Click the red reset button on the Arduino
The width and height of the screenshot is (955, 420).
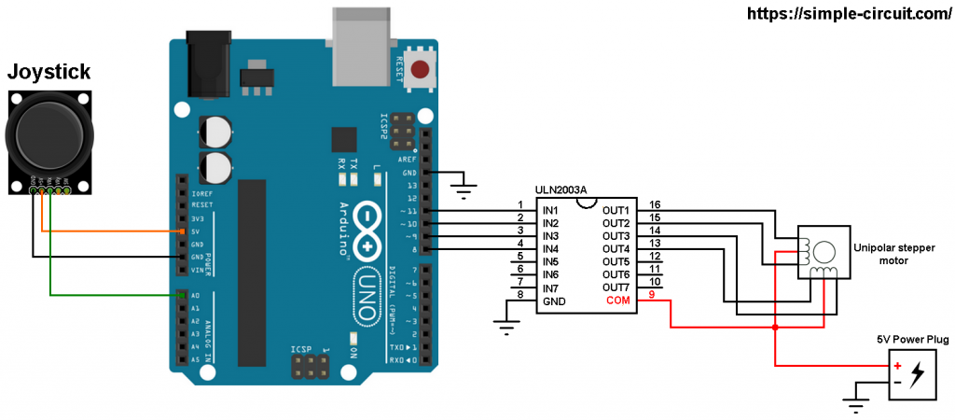pos(422,69)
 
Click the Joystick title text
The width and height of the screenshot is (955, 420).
pos(48,72)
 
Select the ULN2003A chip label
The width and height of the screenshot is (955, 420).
pos(561,190)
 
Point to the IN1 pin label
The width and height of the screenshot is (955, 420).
pos(550,211)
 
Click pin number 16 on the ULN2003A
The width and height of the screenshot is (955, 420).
pos(655,204)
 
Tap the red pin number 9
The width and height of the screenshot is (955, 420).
pos(652,295)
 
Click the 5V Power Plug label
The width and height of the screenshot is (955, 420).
pos(912,340)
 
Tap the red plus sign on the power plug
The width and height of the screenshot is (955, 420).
pos(896,366)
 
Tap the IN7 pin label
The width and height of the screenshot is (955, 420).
pos(550,287)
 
